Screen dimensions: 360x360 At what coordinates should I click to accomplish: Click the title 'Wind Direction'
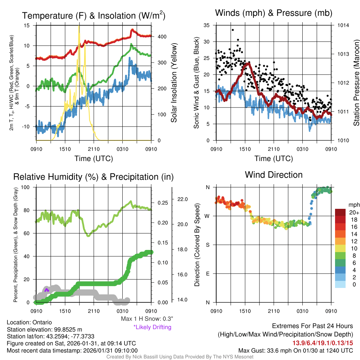click(x=274, y=175)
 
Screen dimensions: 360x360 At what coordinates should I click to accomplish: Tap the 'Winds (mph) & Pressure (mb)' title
click(x=274, y=13)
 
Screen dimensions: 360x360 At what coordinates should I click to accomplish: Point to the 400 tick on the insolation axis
click(x=161, y=37)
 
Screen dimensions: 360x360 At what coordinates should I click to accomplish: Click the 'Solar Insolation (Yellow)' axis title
click(x=174, y=83)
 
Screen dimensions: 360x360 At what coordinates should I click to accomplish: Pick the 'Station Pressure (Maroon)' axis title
click(x=356, y=83)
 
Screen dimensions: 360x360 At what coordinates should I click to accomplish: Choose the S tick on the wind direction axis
click(x=207, y=245)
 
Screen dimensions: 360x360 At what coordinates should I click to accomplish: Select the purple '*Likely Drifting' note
click(x=152, y=327)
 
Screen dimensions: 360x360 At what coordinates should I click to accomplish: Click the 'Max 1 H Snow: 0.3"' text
click(x=147, y=319)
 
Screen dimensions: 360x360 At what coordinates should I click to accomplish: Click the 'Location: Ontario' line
click(x=30, y=322)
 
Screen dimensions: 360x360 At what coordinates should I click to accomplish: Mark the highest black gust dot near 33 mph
click(x=233, y=30)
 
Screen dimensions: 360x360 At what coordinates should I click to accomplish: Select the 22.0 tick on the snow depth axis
click(x=183, y=199)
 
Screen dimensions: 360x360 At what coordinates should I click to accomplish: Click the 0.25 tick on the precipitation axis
click(x=162, y=203)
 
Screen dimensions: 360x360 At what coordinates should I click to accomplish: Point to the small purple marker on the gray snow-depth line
click(x=47, y=289)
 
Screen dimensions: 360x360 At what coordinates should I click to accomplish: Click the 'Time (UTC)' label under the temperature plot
click(x=94, y=159)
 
